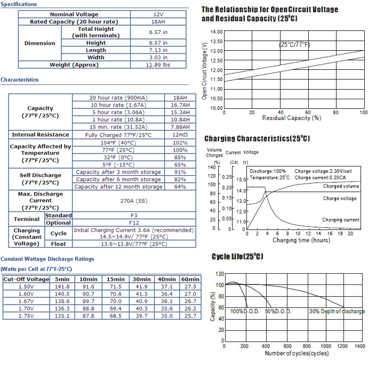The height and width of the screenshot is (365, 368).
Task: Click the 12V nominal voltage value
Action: pyautogui.click(x=158, y=14)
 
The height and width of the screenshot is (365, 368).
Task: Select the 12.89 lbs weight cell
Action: pyautogui.click(x=158, y=65)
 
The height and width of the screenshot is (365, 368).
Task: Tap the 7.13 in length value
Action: pyautogui.click(x=158, y=50)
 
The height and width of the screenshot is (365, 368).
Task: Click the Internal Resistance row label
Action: pyautogui.click(x=41, y=134)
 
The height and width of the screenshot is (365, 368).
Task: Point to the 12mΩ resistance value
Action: pyautogui.click(x=180, y=135)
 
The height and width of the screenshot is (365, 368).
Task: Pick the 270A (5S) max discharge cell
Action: pyautogui.click(x=134, y=201)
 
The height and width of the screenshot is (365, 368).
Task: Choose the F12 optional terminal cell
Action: pyautogui.click(x=134, y=223)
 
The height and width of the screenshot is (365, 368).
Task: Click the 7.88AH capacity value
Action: pyautogui.click(x=180, y=127)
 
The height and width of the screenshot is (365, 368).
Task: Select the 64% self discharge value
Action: pyautogui.click(x=180, y=187)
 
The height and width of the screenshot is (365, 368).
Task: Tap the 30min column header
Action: pyautogui.click(x=141, y=279)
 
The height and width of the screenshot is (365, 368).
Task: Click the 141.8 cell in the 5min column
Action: pyautogui.click(x=62, y=287)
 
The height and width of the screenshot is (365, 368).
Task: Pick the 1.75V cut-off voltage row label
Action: pyautogui.click(x=26, y=316)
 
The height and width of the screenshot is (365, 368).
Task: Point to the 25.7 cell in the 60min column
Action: pyautogui.click(x=190, y=316)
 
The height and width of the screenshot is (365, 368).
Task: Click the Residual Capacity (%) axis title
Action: pyautogui.click(x=292, y=118)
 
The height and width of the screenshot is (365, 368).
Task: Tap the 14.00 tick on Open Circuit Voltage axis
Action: pyautogui.click(x=217, y=32)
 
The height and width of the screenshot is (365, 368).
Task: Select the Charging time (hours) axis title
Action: pyautogui.click(x=301, y=240)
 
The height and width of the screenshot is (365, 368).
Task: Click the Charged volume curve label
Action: pyautogui.click(x=341, y=186)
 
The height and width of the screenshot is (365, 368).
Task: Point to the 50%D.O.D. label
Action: pyautogui.click(x=278, y=312)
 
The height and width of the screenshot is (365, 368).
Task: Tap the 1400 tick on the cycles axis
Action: pyautogui.click(x=360, y=346)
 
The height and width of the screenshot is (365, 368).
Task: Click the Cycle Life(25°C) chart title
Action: pyautogui.click(x=237, y=256)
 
